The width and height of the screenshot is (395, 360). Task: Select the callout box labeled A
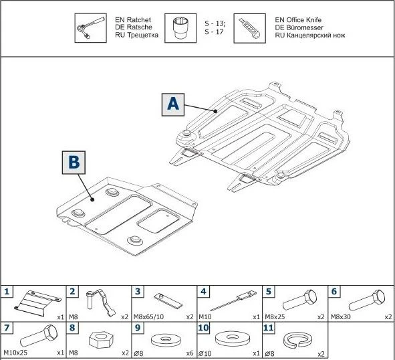pyautogui.click(x=172, y=104)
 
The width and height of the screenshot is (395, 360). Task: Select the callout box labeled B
pyautogui.click(x=74, y=163)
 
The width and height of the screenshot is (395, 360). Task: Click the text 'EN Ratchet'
pyautogui.click(x=127, y=20)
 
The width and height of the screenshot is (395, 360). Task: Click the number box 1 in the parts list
pyautogui.click(x=7, y=291)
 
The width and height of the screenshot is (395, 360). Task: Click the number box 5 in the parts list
pyautogui.click(x=269, y=291)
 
